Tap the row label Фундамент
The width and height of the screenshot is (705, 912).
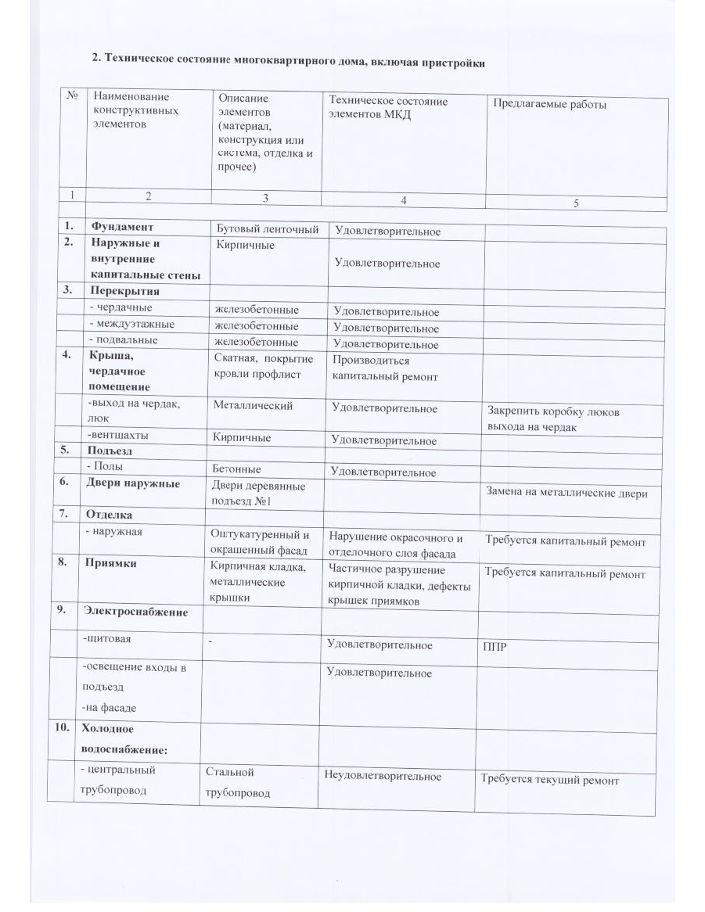120,228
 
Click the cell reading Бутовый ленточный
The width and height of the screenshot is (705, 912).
267,229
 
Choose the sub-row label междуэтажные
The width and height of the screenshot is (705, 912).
132,324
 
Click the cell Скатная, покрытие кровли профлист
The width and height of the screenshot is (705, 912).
264,366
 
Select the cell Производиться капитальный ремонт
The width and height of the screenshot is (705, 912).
385,369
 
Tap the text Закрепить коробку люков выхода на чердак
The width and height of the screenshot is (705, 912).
553,419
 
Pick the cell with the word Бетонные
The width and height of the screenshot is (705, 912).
237,469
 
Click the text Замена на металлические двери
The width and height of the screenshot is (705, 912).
567,493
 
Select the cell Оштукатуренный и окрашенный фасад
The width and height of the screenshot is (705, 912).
261,542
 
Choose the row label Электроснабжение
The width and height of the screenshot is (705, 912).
135,612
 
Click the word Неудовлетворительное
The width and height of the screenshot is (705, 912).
383,776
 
